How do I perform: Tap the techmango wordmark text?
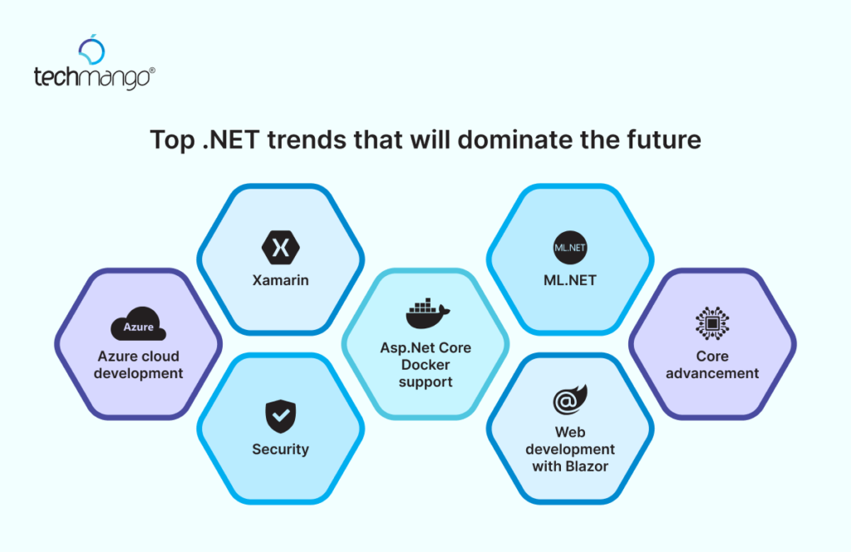tap(94, 79)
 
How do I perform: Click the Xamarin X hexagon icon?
tap(280, 247)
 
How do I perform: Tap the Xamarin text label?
tap(280, 280)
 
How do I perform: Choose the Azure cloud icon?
tap(138, 328)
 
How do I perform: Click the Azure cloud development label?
tap(138, 365)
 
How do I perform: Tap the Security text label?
tap(280, 449)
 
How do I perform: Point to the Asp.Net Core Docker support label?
tap(425, 365)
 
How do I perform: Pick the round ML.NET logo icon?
tap(570, 247)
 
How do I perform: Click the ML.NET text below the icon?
tap(570, 280)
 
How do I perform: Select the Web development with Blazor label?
tap(570, 449)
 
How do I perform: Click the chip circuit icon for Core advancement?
tap(712, 323)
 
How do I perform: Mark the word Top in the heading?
tap(170, 140)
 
